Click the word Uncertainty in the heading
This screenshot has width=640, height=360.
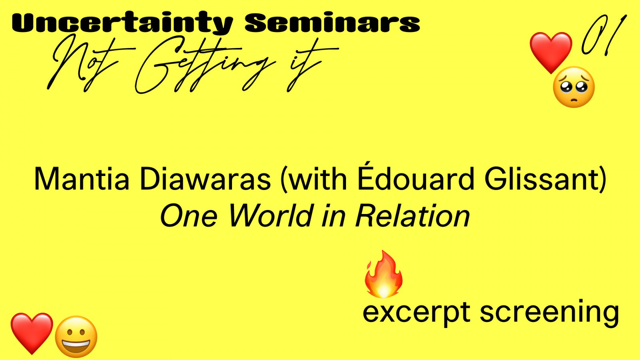click(122, 23)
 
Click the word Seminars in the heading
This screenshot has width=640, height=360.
click(332, 22)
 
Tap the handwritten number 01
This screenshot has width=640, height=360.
click(604, 35)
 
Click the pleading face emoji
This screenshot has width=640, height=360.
click(574, 87)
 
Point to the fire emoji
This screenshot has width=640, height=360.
click(384, 274)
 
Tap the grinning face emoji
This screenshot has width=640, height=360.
click(76, 336)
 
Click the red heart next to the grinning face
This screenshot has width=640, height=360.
click(32, 333)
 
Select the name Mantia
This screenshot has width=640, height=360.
click(82, 179)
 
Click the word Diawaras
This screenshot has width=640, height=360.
click(205, 179)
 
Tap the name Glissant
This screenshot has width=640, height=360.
click(545, 179)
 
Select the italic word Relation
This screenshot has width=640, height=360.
click(412, 216)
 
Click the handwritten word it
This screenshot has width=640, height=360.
click(312, 66)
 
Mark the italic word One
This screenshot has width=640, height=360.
click(188, 216)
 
